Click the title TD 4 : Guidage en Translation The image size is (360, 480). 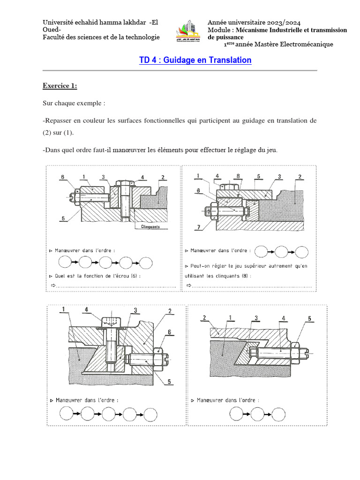point(195,60)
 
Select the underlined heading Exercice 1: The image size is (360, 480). point(60,86)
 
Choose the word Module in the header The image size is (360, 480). point(219,30)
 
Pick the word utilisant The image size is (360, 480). point(198,276)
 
